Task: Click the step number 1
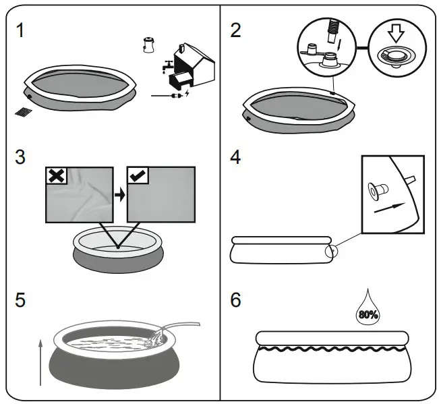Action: (x=24, y=32)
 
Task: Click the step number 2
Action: (x=235, y=32)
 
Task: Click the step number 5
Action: (x=22, y=299)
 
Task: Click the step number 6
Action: (x=235, y=299)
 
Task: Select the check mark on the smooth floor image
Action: (x=138, y=175)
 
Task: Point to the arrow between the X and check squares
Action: (x=119, y=195)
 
